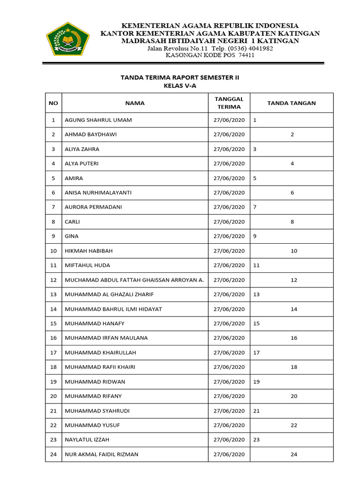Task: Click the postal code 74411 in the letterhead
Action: tap(247, 55)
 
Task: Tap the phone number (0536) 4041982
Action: tap(251, 48)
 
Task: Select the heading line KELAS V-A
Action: tap(180, 86)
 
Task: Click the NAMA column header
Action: tap(135, 103)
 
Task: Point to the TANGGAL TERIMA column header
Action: tap(229, 103)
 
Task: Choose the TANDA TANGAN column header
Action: tap(292, 103)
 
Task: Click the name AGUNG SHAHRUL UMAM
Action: tap(98, 120)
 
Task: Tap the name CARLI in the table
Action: tap(72, 222)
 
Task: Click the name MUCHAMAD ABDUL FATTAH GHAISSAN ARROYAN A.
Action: tap(134, 280)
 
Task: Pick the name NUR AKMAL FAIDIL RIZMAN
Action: tap(101, 454)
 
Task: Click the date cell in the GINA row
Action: tap(229, 236)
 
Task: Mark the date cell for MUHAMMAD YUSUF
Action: tap(229, 425)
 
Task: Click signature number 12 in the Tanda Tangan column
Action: tap(294, 280)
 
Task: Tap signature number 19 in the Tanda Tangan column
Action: tap(256, 382)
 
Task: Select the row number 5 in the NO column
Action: tap(53, 178)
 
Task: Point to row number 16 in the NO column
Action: tap(53, 338)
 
